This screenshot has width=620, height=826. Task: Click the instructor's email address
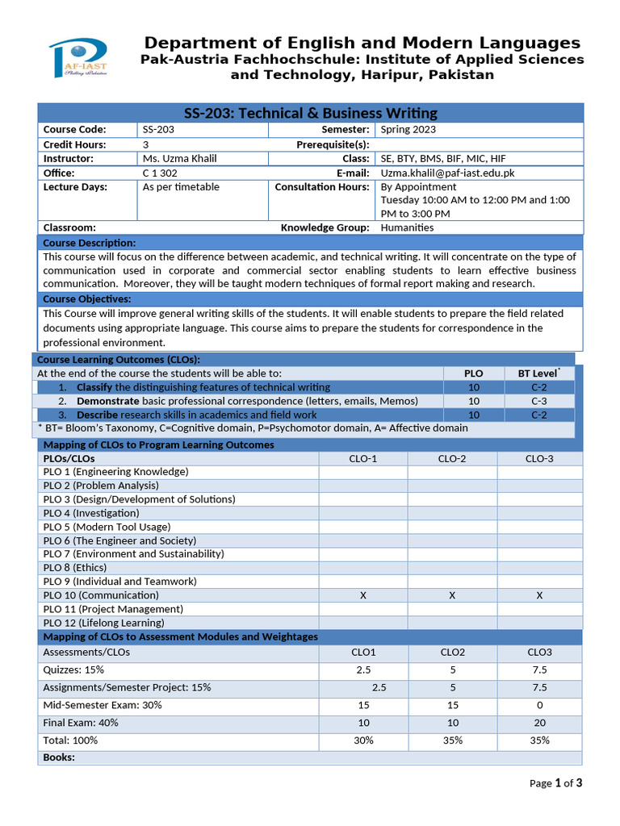pyautogui.click(x=447, y=173)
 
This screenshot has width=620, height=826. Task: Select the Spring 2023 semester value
pyautogui.click(x=408, y=129)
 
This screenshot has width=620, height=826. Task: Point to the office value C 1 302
pyautogui.click(x=160, y=173)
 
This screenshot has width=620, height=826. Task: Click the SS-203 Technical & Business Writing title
pyautogui.click(x=311, y=113)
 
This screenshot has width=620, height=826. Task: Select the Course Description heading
pyautogui.click(x=90, y=243)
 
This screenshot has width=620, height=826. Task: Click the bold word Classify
pyautogui.click(x=94, y=387)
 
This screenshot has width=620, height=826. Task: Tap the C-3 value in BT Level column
pyautogui.click(x=538, y=401)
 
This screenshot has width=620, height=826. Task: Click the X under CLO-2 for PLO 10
pyautogui.click(x=452, y=595)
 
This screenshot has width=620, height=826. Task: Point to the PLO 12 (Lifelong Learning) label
pyautogui.click(x=103, y=623)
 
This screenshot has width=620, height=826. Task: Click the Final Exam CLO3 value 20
pyautogui.click(x=538, y=723)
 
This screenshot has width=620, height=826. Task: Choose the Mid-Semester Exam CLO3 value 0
pyautogui.click(x=538, y=705)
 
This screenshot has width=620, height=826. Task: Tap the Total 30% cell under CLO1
pyautogui.click(x=363, y=740)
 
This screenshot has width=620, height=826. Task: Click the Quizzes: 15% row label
pyautogui.click(x=73, y=670)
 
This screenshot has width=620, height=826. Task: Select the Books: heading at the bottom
pyautogui.click(x=59, y=757)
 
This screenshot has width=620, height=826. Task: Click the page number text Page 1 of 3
pyautogui.click(x=555, y=782)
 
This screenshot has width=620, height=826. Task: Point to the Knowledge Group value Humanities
pyautogui.click(x=407, y=227)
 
